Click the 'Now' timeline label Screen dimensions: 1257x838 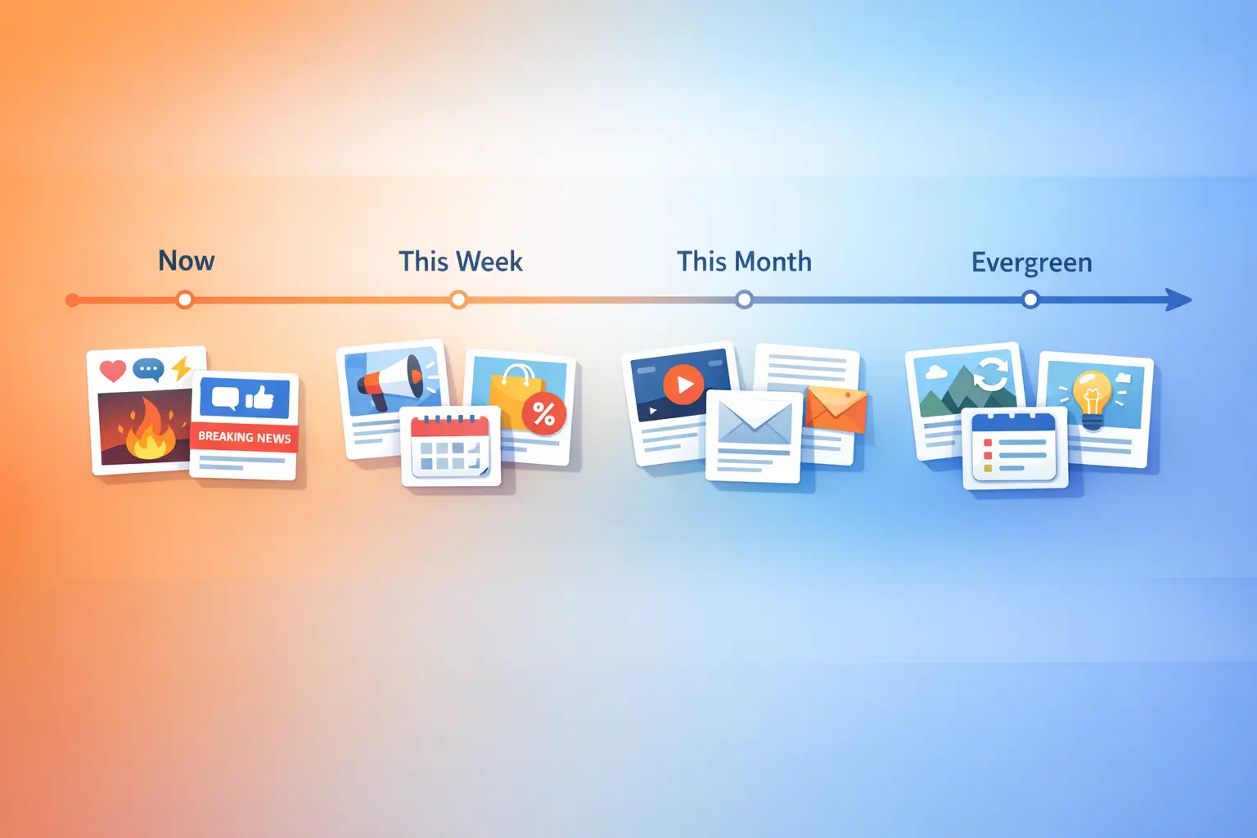coord(187,261)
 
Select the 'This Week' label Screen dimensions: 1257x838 coord(461,262)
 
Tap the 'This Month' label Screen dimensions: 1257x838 coord(744,262)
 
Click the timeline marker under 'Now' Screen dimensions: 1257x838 coord(185,300)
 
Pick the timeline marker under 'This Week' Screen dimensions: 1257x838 coord(458,300)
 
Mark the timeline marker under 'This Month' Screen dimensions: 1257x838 coord(744,300)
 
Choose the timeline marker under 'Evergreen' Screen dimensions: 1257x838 coord(1030,300)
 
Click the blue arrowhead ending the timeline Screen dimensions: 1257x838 coord(1178,300)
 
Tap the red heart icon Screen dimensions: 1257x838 coord(113,371)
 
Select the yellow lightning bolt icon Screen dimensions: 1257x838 coord(181,369)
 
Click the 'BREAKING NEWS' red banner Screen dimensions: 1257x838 coord(244,437)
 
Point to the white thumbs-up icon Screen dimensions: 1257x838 coord(259,398)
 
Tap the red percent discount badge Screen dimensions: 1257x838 coord(543,414)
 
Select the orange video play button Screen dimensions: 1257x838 coord(683,385)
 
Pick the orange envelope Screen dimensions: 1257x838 coord(836,410)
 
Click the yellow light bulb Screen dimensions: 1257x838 coord(1092,399)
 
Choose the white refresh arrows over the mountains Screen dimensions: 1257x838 coord(990,374)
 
